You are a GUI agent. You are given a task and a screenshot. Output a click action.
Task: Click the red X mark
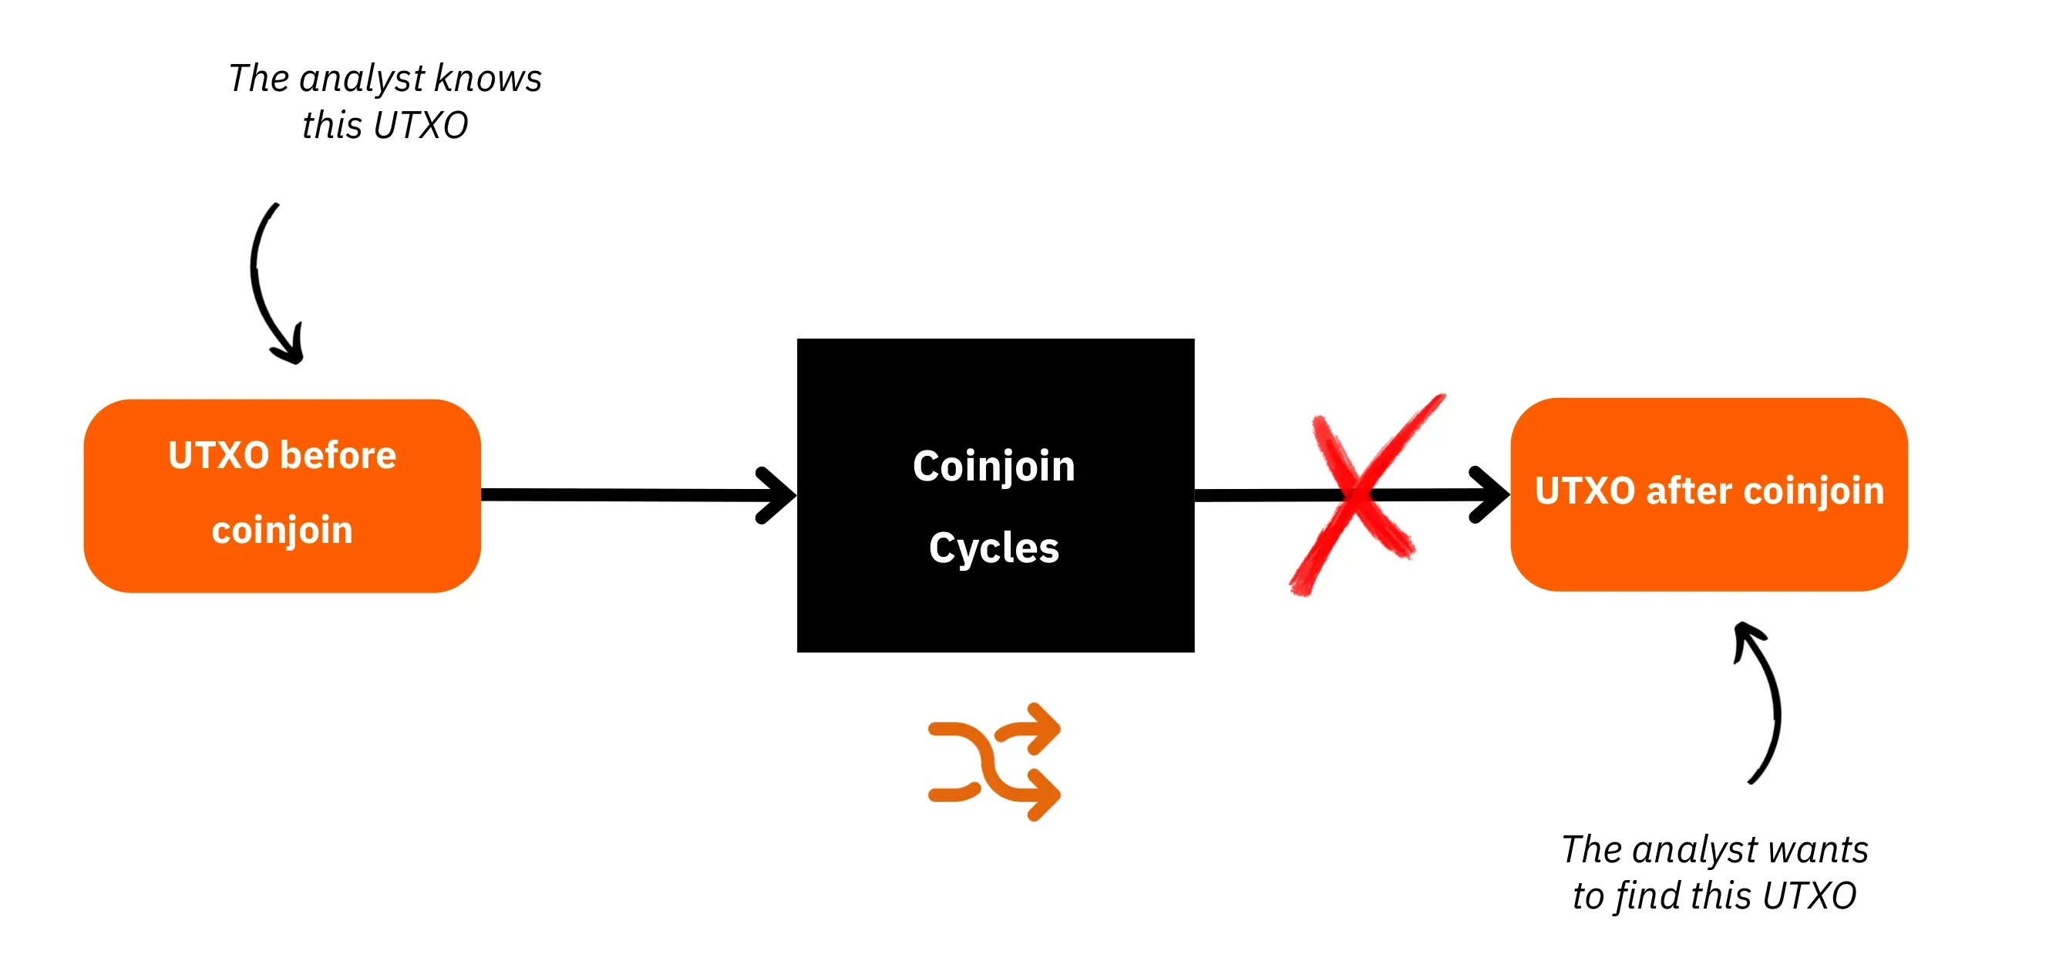pyautogui.click(x=1358, y=495)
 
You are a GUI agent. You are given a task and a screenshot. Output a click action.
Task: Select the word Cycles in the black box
pyautogui.click(x=994, y=548)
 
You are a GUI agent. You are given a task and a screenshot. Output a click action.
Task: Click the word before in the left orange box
pyautogui.click(x=338, y=455)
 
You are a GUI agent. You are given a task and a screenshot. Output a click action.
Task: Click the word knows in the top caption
pyautogui.click(x=489, y=78)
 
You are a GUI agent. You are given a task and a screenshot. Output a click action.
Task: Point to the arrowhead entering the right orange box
pyautogui.click(x=1489, y=495)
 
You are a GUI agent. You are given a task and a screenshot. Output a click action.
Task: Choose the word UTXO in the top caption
pyautogui.click(x=421, y=126)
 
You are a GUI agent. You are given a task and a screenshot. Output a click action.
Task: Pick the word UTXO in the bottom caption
pyautogui.click(x=1809, y=895)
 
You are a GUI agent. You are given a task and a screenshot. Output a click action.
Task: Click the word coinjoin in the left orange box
pyautogui.click(x=281, y=531)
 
